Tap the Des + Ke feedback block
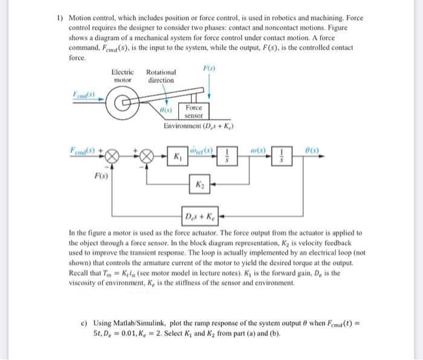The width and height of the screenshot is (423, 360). point(201,216)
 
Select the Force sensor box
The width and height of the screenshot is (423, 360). point(194,111)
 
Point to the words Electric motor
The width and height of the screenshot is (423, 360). point(123,76)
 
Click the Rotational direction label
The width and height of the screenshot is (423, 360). point(161,76)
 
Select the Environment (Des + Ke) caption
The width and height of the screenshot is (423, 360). point(199,127)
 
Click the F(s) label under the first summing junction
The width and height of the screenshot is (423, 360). point(100,176)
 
